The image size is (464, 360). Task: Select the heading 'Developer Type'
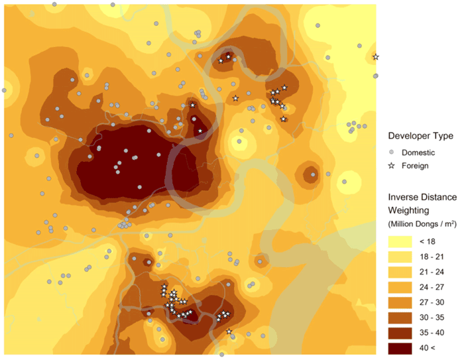click(421, 136)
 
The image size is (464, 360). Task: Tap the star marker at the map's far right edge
click(376, 57)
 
